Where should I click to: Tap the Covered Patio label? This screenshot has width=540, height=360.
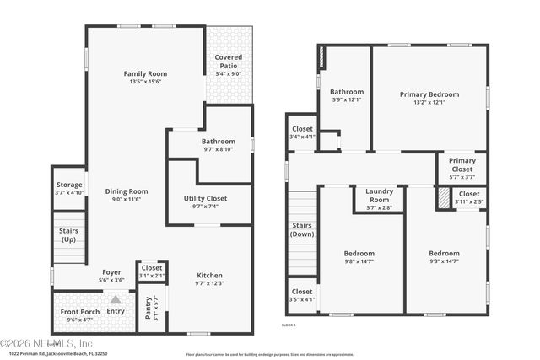[228, 61]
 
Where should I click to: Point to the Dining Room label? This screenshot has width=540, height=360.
[127, 191]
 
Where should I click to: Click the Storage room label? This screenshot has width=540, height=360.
[69, 184]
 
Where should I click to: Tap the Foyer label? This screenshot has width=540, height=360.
[112, 271]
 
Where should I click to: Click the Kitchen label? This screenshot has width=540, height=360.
[210, 276]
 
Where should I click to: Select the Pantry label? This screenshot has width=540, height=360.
[148, 309]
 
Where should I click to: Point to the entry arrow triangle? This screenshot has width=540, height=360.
[116, 298]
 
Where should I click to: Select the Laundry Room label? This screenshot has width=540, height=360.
[379, 196]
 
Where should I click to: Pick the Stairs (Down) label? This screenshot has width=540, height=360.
[302, 229]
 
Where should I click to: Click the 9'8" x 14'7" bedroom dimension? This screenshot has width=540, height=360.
[359, 261]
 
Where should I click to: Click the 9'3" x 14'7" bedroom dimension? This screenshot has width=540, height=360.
[444, 261]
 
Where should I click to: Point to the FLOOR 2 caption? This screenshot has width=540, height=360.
[289, 324]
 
